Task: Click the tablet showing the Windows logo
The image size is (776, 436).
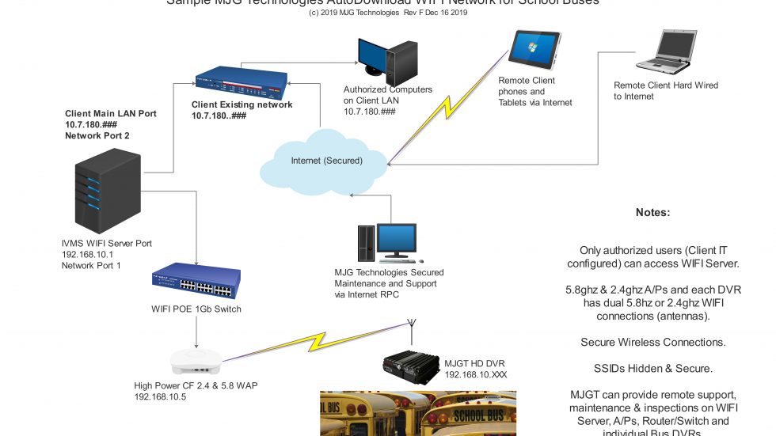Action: pos(534,50)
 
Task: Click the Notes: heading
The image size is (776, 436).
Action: pos(653,213)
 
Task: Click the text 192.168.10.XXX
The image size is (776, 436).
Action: pos(475,373)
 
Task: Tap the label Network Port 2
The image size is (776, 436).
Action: pos(97,136)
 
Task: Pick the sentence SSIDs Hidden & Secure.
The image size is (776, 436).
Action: pos(653,368)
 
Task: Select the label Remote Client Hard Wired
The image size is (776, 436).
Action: pos(666,85)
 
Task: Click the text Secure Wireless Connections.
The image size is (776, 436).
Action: pos(653,343)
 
